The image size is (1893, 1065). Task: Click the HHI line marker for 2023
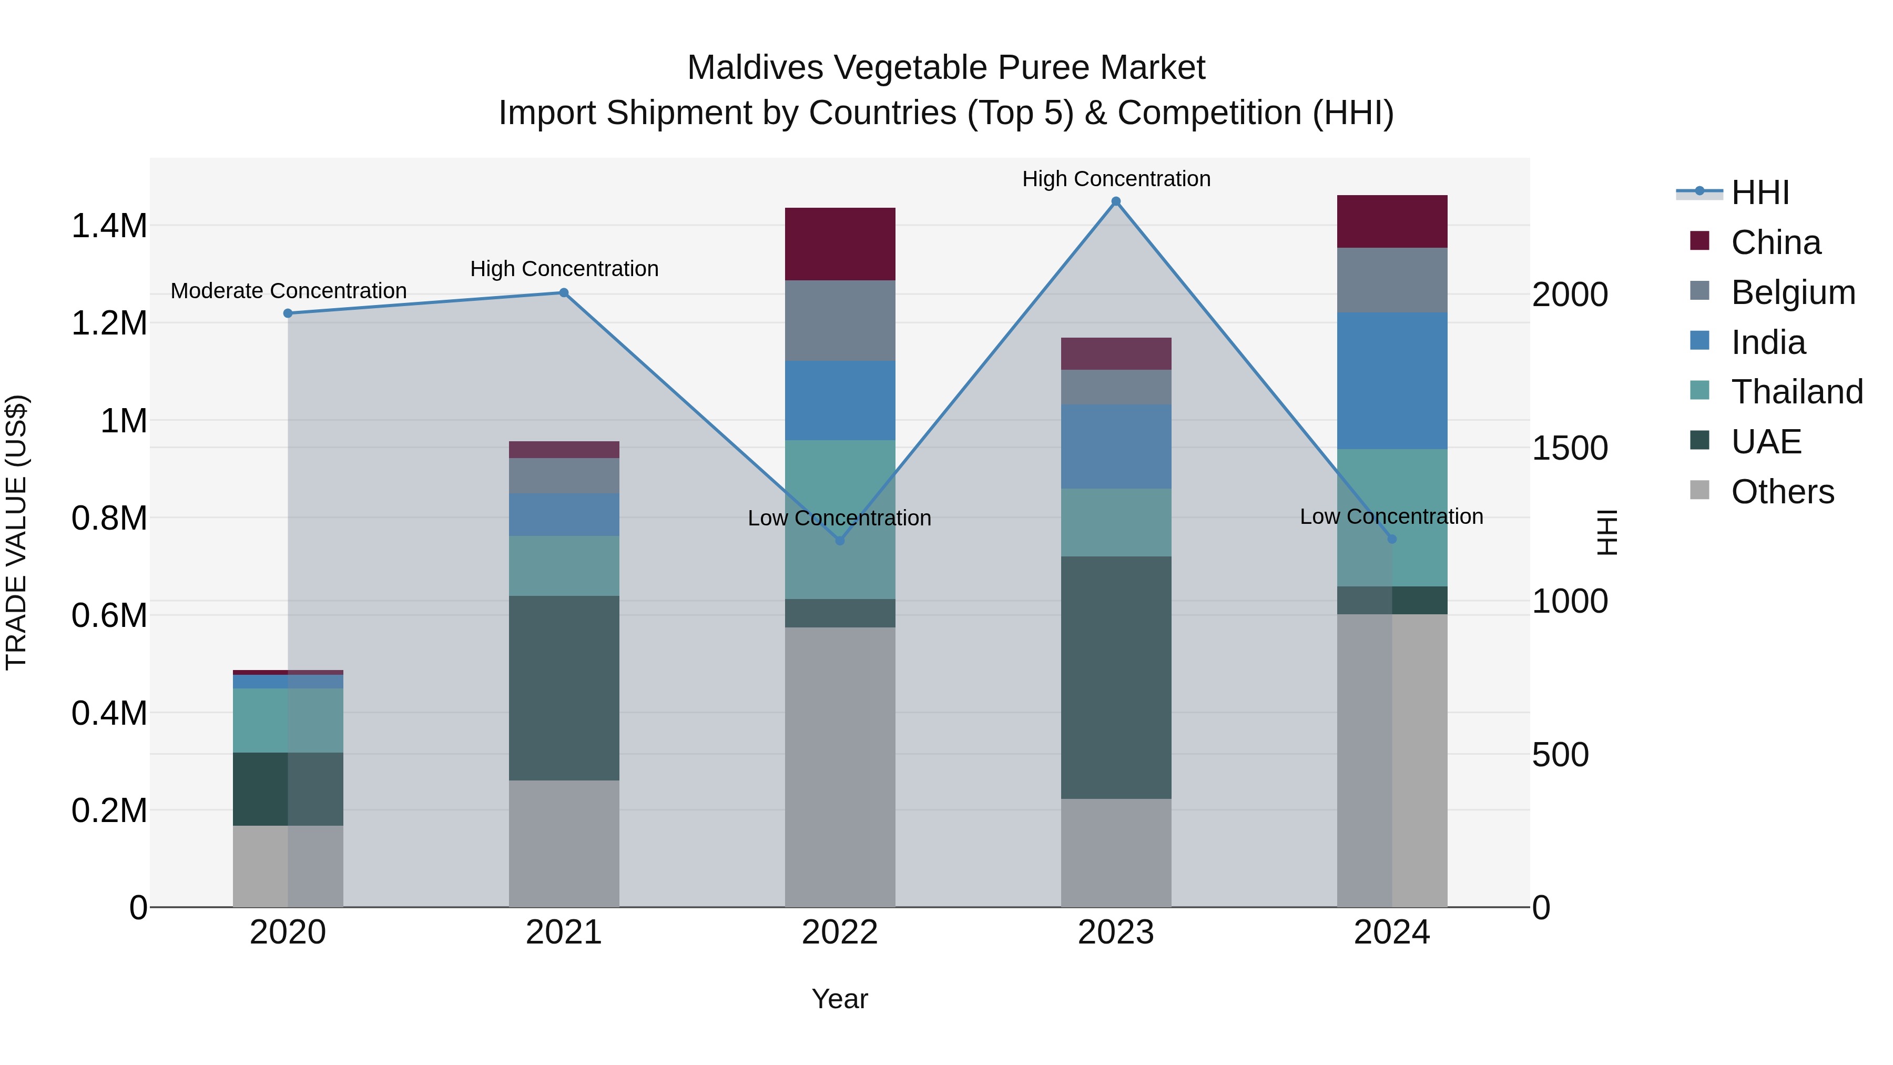coord(1115,201)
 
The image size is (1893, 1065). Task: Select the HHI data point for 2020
coord(288,313)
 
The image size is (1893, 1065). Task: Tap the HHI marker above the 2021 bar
coord(564,292)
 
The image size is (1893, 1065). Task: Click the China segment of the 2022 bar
coord(840,244)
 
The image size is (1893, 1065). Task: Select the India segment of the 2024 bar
coord(1392,381)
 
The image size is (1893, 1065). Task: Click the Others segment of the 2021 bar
coord(564,843)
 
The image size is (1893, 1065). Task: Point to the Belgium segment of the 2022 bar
coord(840,320)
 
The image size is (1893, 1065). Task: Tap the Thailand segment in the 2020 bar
coord(288,721)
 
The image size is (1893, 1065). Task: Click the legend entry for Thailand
coord(1797,392)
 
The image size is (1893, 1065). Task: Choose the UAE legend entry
coord(1766,442)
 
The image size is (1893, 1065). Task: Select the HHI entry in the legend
coord(1760,192)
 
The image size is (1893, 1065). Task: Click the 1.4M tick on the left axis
coord(109,226)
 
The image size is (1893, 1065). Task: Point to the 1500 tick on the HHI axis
coord(1570,448)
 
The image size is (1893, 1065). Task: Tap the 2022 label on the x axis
coord(840,932)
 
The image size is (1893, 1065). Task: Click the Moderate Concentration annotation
coord(289,291)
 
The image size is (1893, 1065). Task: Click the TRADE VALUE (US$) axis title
coord(16,532)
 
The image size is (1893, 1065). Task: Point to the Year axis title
coord(840,999)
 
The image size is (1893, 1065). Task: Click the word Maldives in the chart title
coord(756,68)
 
